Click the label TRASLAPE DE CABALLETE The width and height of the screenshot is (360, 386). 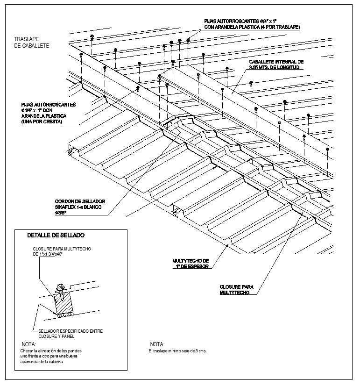coord(31,43)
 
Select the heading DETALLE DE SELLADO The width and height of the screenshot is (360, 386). coord(56,235)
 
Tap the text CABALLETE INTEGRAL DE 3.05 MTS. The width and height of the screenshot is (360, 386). coord(276,64)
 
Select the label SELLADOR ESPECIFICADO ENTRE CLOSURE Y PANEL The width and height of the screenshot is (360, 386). coord(68,333)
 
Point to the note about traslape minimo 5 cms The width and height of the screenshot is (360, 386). coord(177,350)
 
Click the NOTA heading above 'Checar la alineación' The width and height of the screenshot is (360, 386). coord(29,344)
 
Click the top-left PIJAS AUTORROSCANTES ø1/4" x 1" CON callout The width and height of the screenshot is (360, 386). coord(48,107)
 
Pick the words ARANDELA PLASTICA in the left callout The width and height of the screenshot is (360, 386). coord(43,116)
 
